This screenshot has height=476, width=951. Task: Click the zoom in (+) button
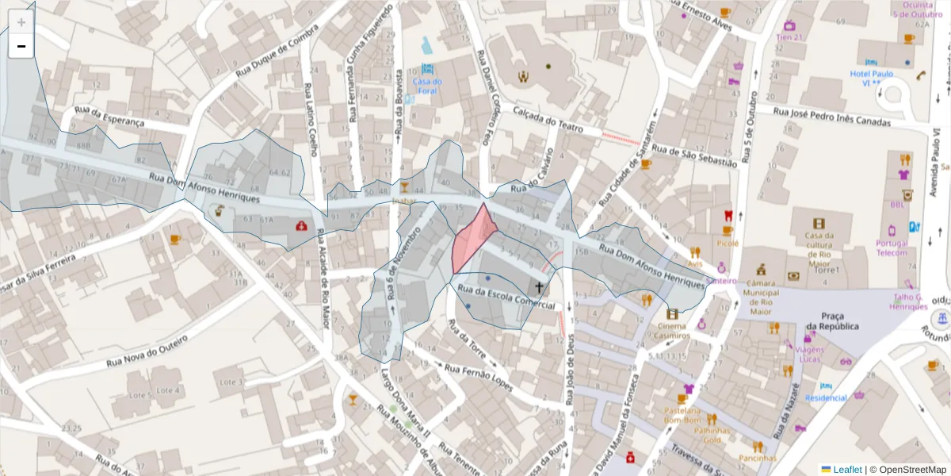[21, 23]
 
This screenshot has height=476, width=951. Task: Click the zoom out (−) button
[21, 47]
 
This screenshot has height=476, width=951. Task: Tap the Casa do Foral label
[427, 86]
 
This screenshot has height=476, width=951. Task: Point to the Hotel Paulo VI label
[871, 79]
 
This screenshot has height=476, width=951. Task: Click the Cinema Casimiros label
[672, 330]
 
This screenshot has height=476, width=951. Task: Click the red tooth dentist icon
[728, 216]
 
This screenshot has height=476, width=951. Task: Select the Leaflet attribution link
[847, 469]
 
